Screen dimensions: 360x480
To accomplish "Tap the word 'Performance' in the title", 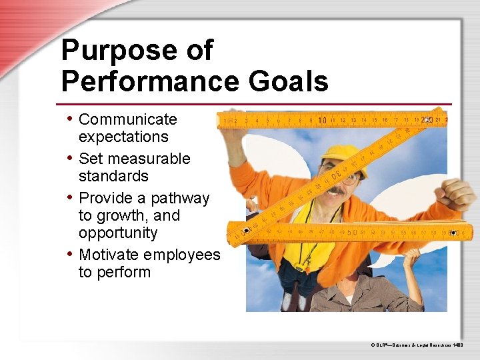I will coord(151,82).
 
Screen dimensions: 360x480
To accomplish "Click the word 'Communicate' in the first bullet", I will coord(128,119).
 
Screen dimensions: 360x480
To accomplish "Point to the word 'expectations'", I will coord(123,137).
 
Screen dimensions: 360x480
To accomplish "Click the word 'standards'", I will coord(113,176).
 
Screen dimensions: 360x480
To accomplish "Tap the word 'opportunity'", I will coord(118,233).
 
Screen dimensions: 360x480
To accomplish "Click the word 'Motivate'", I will coord(109,255).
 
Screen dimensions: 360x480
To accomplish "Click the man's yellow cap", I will coord(343,155).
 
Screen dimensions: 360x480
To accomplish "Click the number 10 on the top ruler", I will coord(323,121).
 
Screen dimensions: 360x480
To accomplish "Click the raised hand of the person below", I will coord(413,257).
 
